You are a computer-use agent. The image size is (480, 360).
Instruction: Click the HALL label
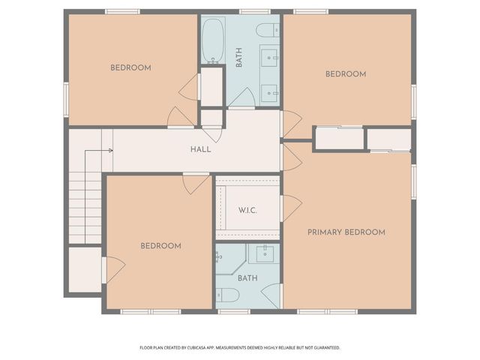tap(200, 149)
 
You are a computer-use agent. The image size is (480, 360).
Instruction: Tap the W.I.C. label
tap(247, 210)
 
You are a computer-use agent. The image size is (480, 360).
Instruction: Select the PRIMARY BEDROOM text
tap(346, 232)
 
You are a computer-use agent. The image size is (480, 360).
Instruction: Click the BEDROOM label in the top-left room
tap(130, 67)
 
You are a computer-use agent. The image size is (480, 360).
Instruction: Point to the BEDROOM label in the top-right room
tap(345, 73)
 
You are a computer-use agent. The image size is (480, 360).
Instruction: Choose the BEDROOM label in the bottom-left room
tap(161, 246)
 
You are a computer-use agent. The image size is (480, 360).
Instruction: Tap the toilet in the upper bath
tap(265, 29)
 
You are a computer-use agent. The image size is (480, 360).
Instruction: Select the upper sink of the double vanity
tap(269, 55)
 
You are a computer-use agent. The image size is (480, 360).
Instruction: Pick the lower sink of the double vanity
tap(269, 91)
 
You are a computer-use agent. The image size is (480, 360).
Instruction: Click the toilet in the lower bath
tap(229, 295)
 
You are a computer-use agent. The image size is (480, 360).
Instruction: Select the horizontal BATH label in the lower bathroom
tap(248, 277)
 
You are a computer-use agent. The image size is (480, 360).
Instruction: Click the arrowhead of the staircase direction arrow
tap(111, 151)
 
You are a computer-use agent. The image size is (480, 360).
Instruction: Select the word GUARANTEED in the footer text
tap(324, 348)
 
